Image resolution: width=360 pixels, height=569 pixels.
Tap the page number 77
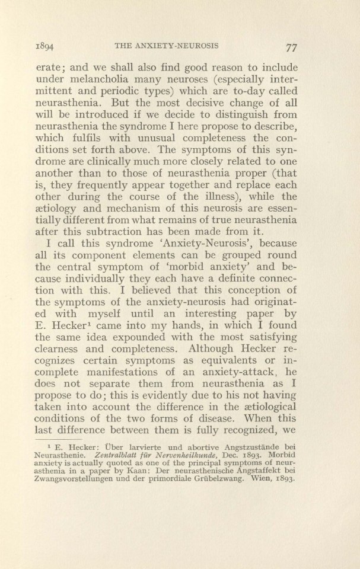[x=290, y=46]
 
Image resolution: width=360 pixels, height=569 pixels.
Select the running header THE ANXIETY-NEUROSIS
[x=171, y=45]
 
